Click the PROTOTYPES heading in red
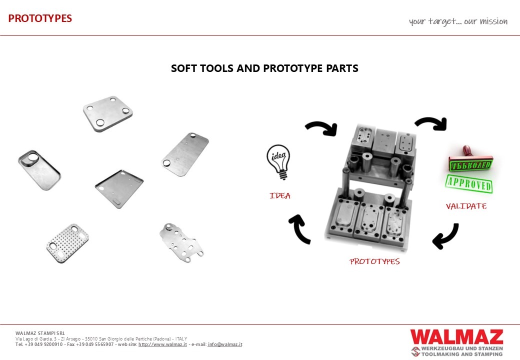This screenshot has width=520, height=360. [40, 18]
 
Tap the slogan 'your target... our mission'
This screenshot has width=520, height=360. [458, 21]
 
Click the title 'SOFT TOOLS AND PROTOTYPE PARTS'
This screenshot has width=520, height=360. [264, 68]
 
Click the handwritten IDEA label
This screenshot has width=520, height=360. [280, 196]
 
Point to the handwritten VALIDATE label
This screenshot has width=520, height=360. [466, 206]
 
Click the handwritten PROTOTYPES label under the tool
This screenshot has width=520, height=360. [374, 261]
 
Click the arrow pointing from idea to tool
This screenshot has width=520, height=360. [321, 128]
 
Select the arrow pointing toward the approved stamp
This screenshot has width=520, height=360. [430, 123]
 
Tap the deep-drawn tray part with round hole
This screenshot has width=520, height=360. [39, 168]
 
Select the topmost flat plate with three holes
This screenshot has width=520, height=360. [107, 113]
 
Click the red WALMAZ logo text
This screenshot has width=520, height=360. [456, 336]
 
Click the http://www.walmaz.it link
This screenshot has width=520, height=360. [162, 344]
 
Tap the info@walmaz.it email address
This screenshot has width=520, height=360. [225, 344]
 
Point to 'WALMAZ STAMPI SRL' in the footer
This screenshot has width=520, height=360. [40, 333]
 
